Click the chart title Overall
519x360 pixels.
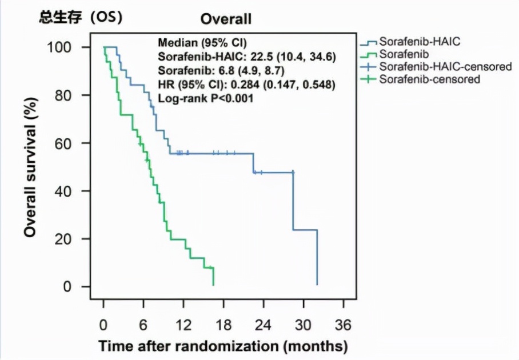[x=226, y=19]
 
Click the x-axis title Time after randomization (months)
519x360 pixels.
[x=223, y=346]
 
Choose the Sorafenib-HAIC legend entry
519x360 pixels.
[x=420, y=41]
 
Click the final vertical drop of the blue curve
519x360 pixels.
[x=317, y=257]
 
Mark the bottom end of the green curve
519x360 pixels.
[x=213, y=284]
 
